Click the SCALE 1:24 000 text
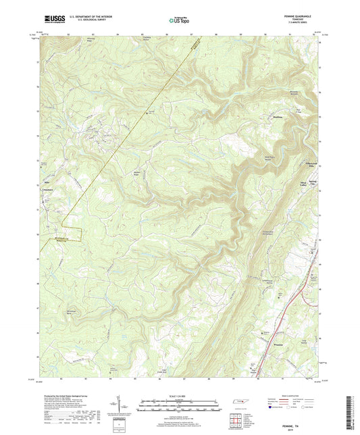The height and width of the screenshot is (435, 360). [x=180, y=395]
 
